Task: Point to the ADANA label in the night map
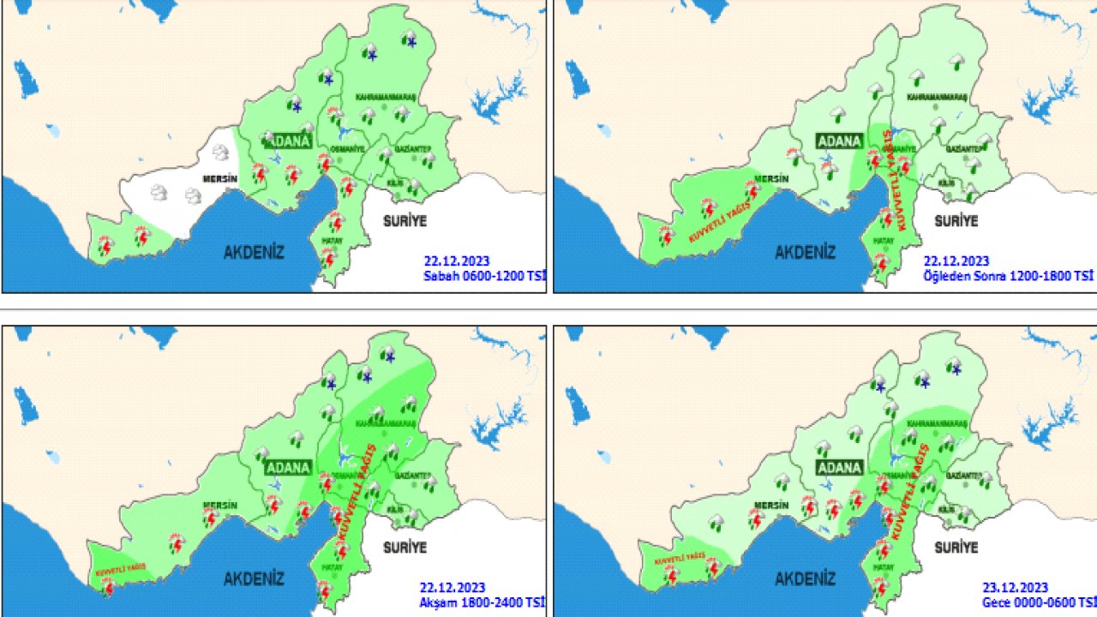click(x=839, y=468)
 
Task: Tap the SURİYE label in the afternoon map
click(x=956, y=221)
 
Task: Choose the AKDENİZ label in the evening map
click(x=254, y=578)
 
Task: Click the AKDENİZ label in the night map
click(x=805, y=578)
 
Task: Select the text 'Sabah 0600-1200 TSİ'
click(x=484, y=276)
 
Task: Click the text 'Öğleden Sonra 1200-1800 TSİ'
click(x=1008, y=276)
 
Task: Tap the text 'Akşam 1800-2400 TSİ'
click(x=482, y=602)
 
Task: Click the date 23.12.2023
click(x=1015, y=588)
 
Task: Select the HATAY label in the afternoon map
click(x=883, y=242)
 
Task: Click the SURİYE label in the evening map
click(x=405, y=547)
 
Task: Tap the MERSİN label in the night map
click(x=770, y=506)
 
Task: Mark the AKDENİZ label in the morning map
click(x=254, y=252)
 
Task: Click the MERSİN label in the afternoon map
click(x=770, y=179)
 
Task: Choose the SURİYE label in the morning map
click(x=405, y=221)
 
